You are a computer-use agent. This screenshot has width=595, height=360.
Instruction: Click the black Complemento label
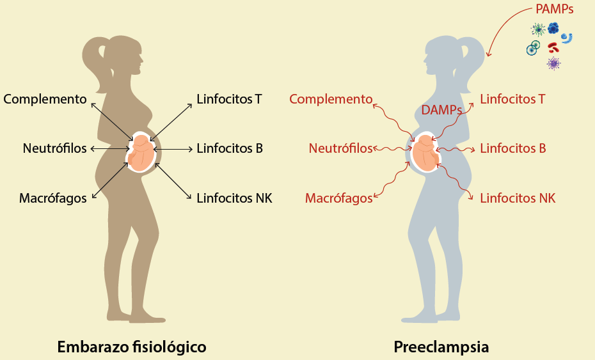[45, 99]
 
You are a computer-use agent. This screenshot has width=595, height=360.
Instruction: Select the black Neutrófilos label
[54, 149]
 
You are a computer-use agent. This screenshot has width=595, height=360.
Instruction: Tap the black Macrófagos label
[53, 198]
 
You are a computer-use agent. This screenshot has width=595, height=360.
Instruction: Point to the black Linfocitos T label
[230, 99]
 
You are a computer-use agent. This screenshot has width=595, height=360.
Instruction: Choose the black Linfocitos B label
[230, 149]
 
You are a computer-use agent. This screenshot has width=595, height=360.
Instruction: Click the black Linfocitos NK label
[234, 198]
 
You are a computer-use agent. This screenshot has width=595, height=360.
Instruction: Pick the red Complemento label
[330, 99]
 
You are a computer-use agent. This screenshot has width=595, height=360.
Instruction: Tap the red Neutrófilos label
[340, 149]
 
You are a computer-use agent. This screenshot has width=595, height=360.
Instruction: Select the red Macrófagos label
[338, 198]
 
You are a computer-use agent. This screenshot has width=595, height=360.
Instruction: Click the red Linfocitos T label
[512, 99]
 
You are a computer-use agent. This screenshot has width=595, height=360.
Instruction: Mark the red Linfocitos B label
[512, 149]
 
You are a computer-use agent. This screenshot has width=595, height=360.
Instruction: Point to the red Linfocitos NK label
[517, 198]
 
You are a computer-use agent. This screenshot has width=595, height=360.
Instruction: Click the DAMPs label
[442, 111]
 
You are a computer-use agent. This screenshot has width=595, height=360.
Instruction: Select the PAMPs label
[555, 10]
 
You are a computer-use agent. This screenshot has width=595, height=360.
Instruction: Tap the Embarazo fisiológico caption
[132, 347]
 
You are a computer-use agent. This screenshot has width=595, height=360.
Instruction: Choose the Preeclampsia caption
[441, 347]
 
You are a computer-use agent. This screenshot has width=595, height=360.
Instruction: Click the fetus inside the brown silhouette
[141, 153]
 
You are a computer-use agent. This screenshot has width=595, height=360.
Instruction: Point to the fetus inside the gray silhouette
[424, 153]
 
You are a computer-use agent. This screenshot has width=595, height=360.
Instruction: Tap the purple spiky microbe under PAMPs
[553, 63]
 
